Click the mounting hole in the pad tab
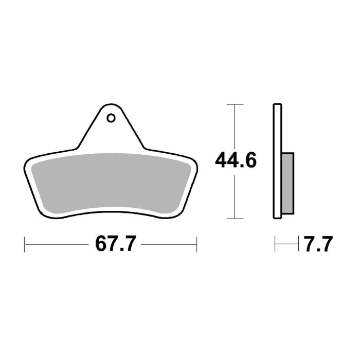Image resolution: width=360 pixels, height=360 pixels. pyautogui.click(x=111, y=118)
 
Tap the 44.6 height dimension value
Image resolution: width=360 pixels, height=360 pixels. pyautogui.click(x=236, y=161)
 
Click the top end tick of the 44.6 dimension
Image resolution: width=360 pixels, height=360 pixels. pyautogui.click(x=235, y=104)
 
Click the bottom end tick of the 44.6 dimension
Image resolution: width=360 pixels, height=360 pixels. pyautogui.click(x=235, y=218)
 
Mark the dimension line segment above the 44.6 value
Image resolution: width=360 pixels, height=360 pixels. pyautogui.click(x=235, y=126)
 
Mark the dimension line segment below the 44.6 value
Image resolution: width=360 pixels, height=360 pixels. pyautogui.click(x=235, y=195)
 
